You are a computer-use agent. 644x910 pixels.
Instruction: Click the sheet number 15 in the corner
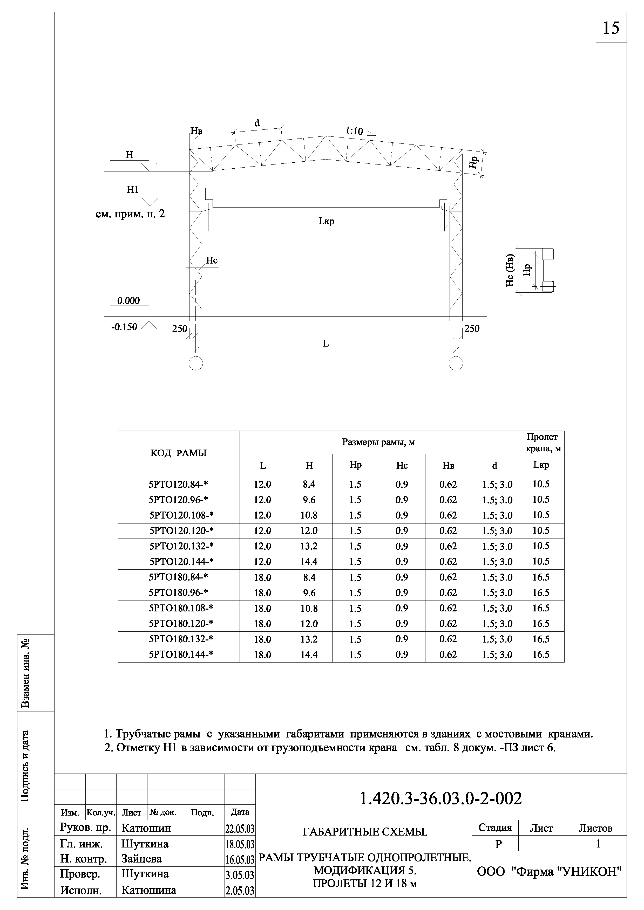(x=611, y=28)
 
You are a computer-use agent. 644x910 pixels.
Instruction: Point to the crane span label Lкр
(x=326, y=221)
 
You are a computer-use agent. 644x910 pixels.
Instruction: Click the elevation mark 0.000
(x=128, y=301)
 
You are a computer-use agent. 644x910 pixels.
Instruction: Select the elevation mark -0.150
(x=125, y=327)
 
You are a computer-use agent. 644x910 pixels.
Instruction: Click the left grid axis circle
(x=196, y=363)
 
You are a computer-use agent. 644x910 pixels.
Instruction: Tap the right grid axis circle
(x=456, y=363)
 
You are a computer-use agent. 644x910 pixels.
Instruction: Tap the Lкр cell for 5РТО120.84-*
(x=541, y=484)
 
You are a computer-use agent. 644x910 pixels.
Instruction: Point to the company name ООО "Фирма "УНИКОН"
(x=549, y=872)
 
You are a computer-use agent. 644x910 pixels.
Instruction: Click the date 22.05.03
(x=240, y=829)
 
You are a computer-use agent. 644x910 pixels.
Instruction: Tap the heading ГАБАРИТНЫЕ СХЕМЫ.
(x=364, y=832)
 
